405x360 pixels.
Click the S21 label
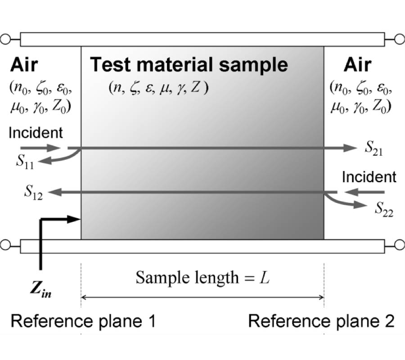(x=374, y=148)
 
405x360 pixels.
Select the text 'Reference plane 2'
(x=321, y=321)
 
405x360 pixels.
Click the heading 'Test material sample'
(x=189, y=65)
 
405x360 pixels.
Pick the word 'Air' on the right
(x=358, y=65)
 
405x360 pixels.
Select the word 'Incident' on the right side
(x=369, y=177)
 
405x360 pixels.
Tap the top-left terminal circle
(x=6, y=40)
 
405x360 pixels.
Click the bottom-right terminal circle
(x=399, y=246)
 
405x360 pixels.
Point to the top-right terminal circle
(x=399, y=40)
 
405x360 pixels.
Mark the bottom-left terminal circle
(x=6, y=246)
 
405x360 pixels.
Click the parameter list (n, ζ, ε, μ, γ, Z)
(x=158, y=88)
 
